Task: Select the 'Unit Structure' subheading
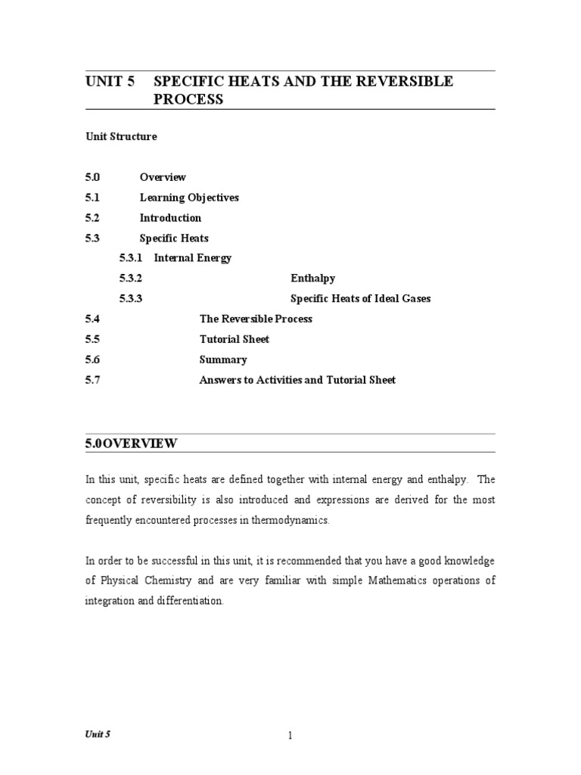point(121,137)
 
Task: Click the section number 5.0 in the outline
point(92,177)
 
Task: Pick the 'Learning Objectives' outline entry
point(189,198)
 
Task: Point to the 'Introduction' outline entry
point(170,218)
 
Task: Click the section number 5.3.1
point(132,258)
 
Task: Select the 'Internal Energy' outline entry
point(193,258)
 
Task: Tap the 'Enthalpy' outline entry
point(312,279)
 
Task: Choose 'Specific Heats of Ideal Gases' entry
point(360,299)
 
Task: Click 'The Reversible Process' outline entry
point(256,319)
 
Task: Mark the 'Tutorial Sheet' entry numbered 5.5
point(234,339)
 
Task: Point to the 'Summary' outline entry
point(222,359)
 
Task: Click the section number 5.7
point(92,380)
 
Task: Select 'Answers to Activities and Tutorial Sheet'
point(297,380)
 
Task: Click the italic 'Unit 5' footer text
point(98,734)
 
